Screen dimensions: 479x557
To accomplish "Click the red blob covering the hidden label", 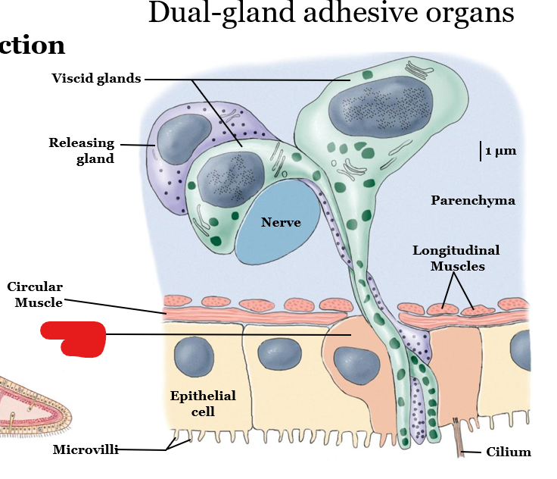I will click(73, 337).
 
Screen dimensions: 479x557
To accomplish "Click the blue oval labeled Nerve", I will click(279, 221).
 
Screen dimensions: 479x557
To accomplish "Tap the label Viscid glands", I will click(96, 78).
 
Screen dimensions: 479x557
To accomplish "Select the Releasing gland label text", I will click(82, 150).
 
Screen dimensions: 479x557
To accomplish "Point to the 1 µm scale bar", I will click(481, 151).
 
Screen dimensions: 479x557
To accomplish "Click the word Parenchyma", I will click(473, 200).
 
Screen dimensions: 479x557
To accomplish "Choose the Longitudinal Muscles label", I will click(456, 258).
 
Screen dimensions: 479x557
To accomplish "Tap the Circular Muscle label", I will click(35, 294).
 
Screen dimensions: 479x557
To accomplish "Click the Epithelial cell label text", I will click(203, 403).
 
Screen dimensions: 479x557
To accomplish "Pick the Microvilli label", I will click(86, 449).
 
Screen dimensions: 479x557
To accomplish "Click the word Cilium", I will click(509, 452).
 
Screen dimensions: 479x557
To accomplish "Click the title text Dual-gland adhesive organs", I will click(331, 14).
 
